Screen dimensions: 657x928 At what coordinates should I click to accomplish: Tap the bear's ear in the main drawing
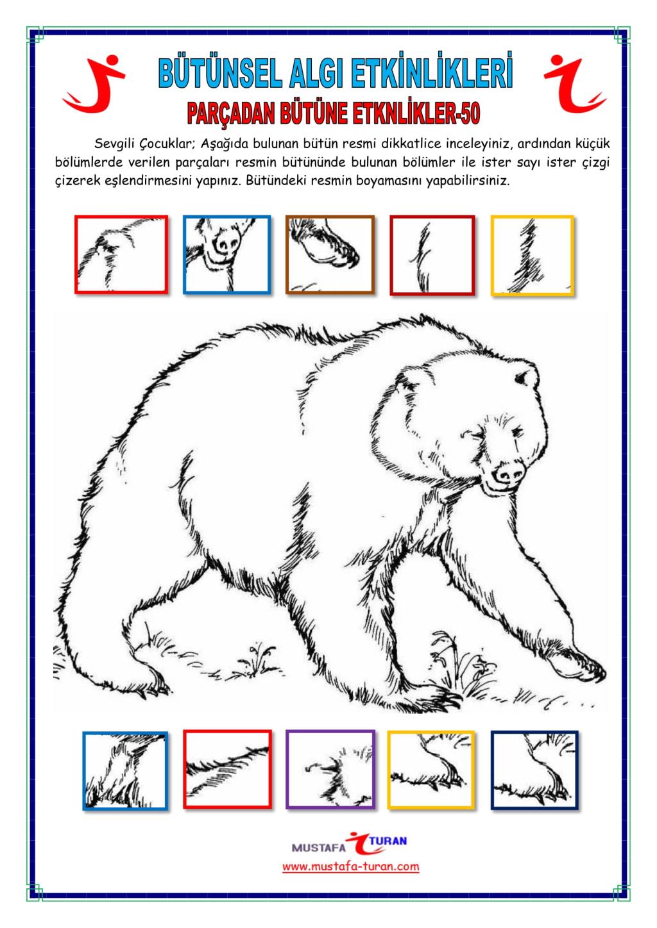click(x=524, y=376)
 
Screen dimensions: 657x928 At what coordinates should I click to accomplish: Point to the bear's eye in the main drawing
click(x=516, y=432)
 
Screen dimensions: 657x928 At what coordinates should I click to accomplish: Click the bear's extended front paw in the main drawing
click(x=577, y=665)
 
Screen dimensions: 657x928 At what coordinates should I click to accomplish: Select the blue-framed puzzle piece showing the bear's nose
click(x=227, y=255)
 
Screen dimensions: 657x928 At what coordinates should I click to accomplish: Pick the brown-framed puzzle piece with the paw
click(x=330, y=255)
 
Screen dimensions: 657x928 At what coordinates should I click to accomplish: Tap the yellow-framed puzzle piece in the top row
click(x=533, y=255)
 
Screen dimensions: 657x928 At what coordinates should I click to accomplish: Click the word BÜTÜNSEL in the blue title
click(x=221, y=73)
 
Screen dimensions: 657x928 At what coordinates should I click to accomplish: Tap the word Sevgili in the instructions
click(x=114, y=144)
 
